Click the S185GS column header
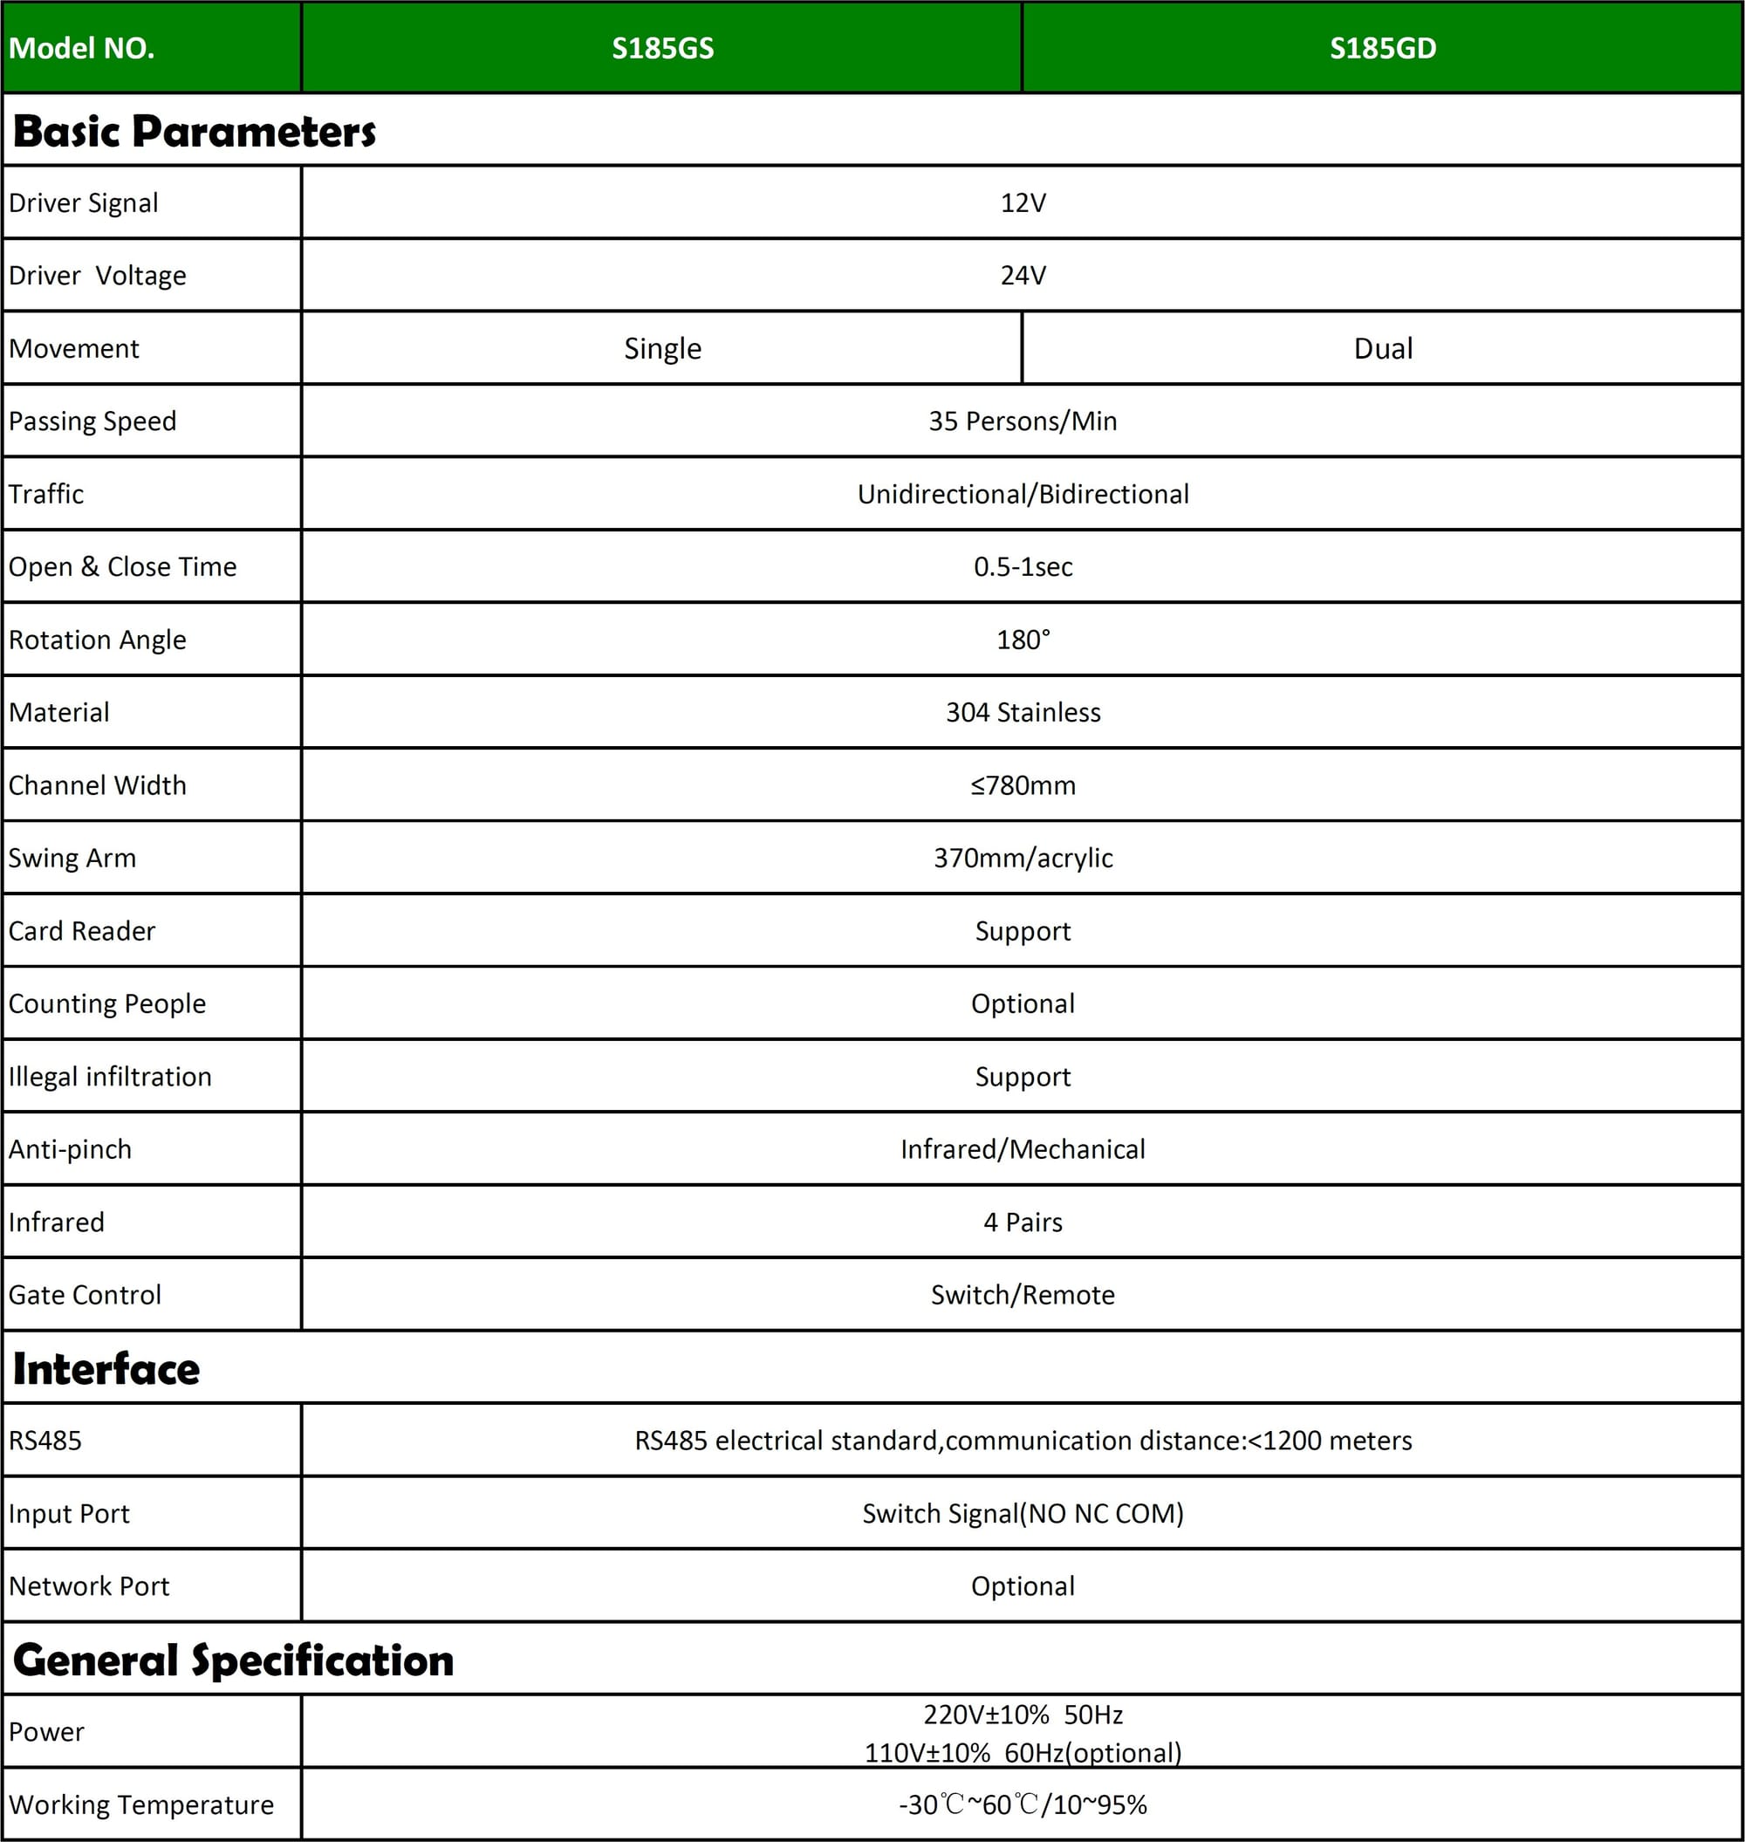coord(662,48)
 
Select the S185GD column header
coord(1382,48)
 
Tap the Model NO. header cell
coord(82,48)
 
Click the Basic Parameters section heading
coord(195,131)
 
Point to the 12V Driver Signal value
coord(1023,202)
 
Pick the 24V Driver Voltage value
coord(1023,276)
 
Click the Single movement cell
coord(662,349)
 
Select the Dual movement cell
coord(1382,349)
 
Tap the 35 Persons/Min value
coord(1023,421)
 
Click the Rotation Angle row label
coord(98,640)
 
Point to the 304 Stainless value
coord(1023,713)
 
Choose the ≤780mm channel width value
coord(1023,785)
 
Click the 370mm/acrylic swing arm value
coord(1023,858)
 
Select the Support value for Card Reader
coord(1023,931)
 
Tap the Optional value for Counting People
coord(1023,1003)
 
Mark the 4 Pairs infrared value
coord(1023,1222)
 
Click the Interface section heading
coord(106,1369)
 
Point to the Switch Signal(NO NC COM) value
coord(1023,1514)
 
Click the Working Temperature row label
coord(141,1804)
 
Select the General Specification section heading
coord(234,1661)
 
